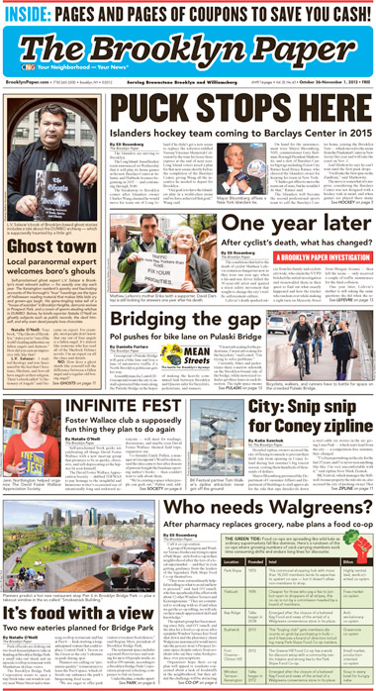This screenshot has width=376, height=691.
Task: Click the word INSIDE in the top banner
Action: [29, 11]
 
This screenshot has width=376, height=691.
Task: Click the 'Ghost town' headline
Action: [45, 246]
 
